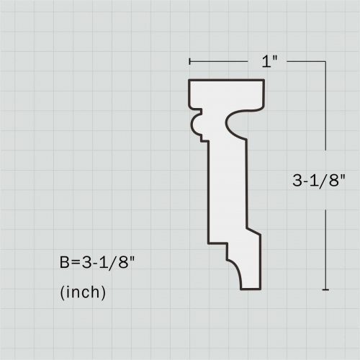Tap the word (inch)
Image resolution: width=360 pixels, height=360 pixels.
[x=83, y=292]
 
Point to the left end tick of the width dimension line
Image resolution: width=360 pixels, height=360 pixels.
[x=189, y=62]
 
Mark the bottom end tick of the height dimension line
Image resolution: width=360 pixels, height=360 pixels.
[x=326, y=289]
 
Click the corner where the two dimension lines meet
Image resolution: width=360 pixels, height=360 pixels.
[x=326, y=62]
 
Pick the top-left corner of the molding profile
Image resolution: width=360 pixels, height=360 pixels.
[x=189, y=80]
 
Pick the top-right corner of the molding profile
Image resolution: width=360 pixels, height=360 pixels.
[x=264, y=80]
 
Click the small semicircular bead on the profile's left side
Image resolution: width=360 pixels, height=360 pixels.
[x=194, y=125]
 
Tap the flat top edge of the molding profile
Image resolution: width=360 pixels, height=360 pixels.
[x=227, y=80]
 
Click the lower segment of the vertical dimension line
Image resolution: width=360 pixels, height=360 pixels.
[x=326, y=245]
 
